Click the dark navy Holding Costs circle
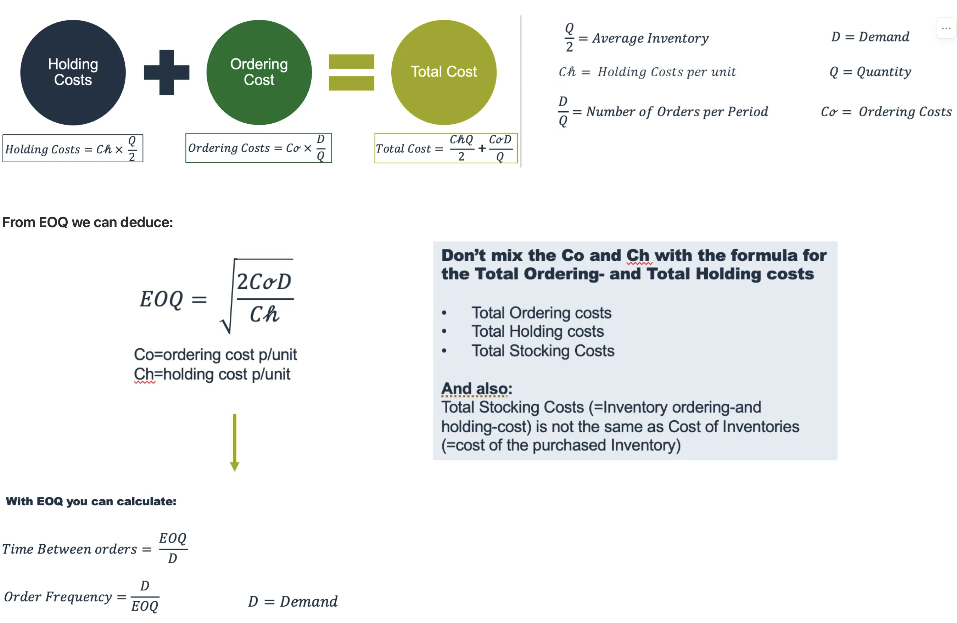pos(73,72)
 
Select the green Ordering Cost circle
pos(259,72)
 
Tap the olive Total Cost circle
pos(443,72)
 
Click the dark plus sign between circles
pos(167,72)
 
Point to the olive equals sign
pos(352,72)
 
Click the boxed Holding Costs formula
pos(73,149)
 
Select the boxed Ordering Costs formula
pos(258,148)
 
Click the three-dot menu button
pos(946,28)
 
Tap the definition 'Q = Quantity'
pos(870,72)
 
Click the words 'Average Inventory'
pos(650,38)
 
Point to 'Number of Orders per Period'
pos(677,111)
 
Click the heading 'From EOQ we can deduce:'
pos(88,222)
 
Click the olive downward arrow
pos(234,442)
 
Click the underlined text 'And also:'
pos(476,389)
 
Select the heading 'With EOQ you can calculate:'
pos(91,501)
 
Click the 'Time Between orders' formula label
pos(69,549)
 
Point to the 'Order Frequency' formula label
pos(58,596)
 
